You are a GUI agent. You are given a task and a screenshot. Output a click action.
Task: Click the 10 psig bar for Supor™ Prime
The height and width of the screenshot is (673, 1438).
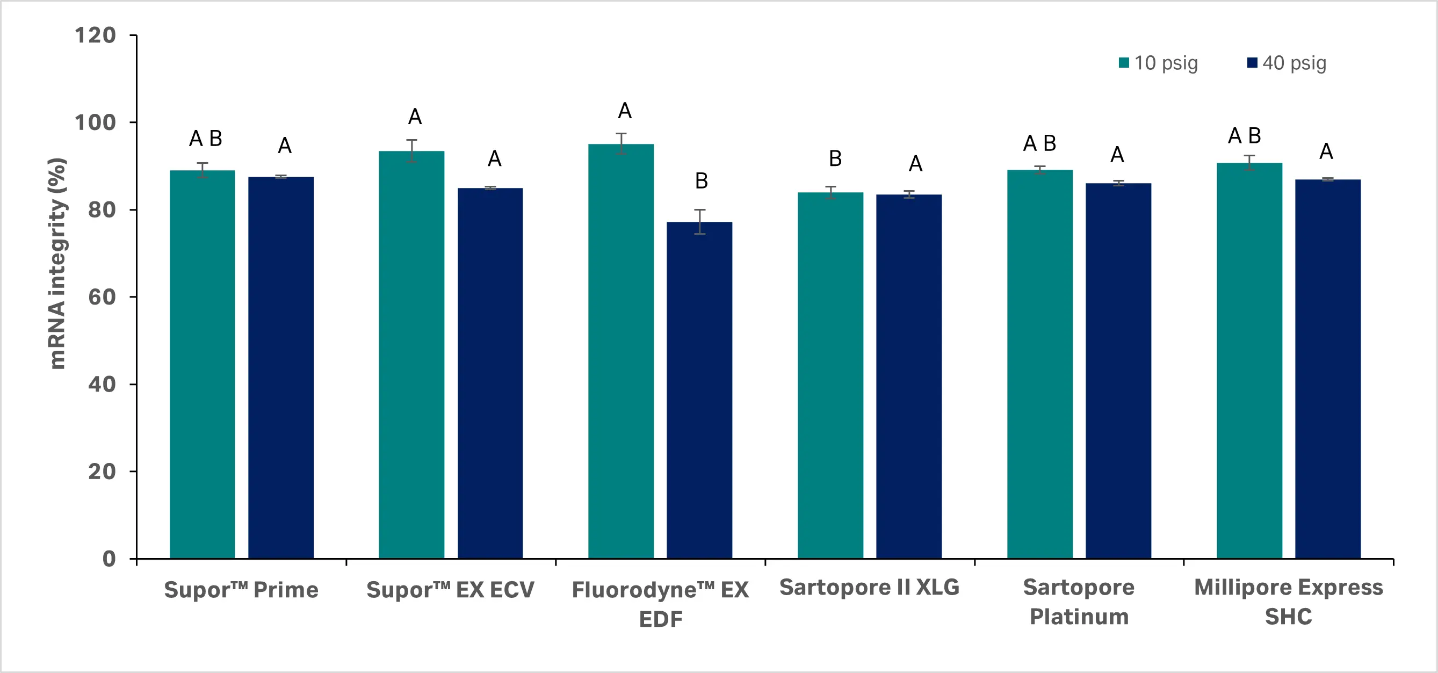[202, 363]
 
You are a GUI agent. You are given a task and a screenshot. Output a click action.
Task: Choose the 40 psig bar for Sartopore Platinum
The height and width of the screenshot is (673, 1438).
[1118, 371]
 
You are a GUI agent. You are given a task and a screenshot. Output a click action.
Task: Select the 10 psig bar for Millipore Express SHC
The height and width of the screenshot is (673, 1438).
[1249, 360]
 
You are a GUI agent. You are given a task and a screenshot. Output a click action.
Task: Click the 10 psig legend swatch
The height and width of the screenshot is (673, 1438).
[1124, 63]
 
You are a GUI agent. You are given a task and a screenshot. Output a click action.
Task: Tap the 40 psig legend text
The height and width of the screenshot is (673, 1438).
[1294, 63]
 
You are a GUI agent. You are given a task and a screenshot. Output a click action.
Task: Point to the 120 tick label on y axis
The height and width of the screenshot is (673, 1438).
[95, 35]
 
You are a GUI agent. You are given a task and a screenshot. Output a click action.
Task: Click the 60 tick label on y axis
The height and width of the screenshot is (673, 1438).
[102, 297]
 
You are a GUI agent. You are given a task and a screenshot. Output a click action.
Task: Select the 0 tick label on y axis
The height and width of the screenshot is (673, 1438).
[109, 559]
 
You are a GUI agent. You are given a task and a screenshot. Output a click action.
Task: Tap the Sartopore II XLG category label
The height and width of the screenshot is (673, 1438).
[869, 587]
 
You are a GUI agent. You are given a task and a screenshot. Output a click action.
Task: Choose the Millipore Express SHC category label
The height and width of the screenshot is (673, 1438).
[1288, 602]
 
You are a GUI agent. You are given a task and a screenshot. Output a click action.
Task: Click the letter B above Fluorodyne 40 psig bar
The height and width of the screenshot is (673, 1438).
[701, 181]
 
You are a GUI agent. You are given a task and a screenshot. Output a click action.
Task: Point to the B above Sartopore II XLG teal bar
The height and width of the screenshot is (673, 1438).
[835, 158]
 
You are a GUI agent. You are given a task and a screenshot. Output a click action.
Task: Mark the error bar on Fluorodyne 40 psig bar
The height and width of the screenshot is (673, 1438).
[699, 221]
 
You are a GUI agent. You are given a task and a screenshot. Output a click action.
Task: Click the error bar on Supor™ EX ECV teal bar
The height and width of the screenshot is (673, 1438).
[411, 151]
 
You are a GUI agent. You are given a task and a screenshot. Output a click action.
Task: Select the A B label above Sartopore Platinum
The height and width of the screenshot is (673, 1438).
[1039, 143]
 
